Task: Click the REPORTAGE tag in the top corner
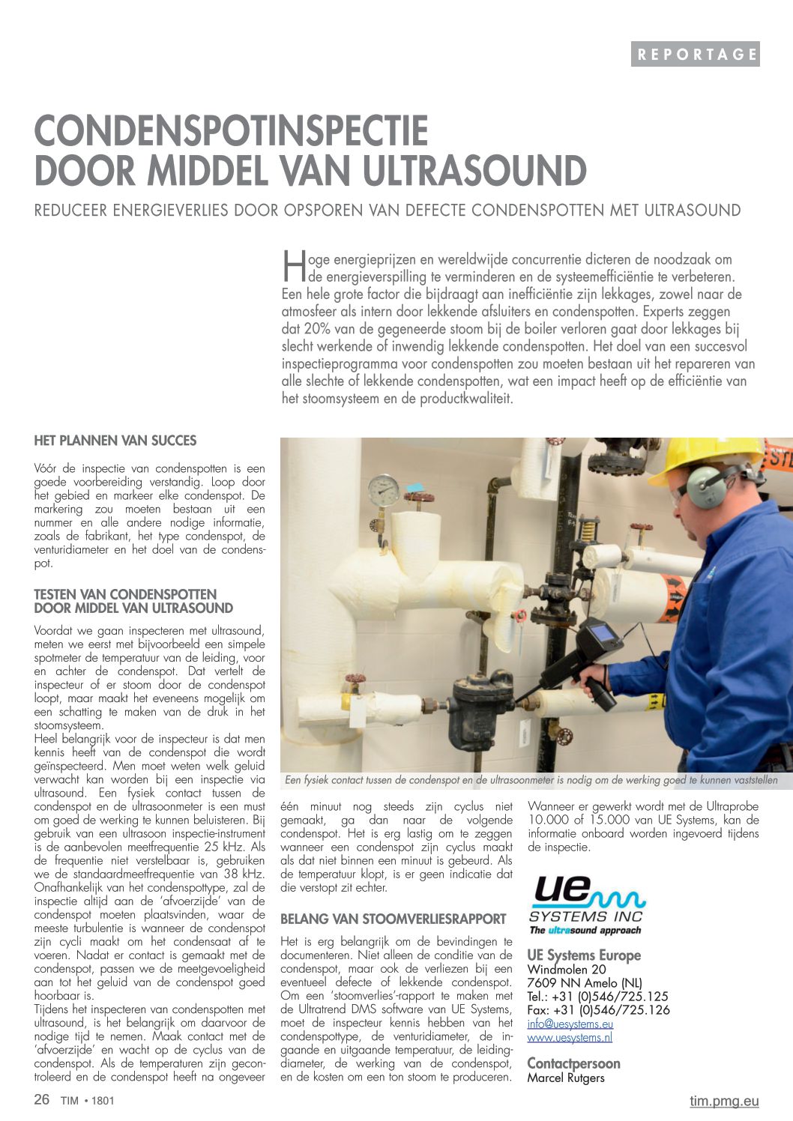[695, 54]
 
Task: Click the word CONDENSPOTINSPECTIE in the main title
[231, 131]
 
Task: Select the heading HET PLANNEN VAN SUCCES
[115, 441]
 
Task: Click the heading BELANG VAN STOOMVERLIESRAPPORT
[394, 919]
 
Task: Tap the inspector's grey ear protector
[705, 485]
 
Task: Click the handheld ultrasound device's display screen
[602, 633]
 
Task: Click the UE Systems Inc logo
[587, 905]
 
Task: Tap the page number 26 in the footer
[42, 1099]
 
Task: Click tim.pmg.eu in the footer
[724, 1101]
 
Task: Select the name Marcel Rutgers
[566, 1078]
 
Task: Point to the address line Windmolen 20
[567, 970]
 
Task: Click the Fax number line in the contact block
[598, 1010]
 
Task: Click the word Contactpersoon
[573, 1063]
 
